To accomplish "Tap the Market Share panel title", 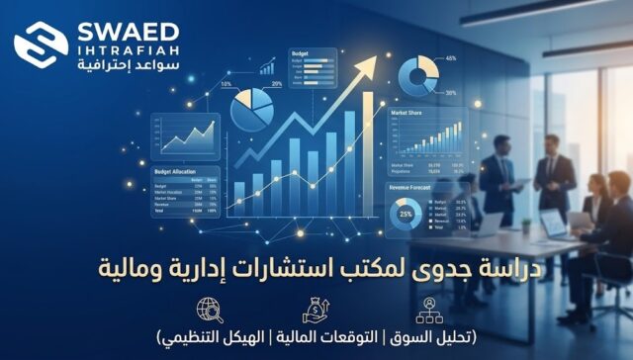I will click(407, 115).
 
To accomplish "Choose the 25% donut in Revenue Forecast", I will click(405, 215).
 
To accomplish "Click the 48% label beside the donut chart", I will click(451, 58).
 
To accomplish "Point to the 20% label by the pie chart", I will click(277, 84).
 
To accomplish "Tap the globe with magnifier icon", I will click(210, 310).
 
